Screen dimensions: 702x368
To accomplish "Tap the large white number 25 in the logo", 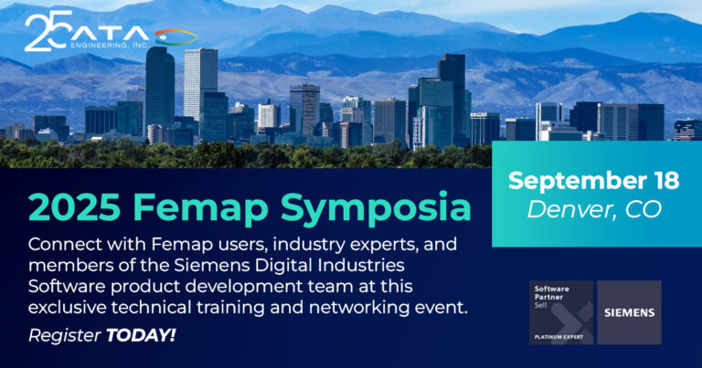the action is point(48,30).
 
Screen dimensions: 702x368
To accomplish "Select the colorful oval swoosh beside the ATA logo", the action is point(176,37).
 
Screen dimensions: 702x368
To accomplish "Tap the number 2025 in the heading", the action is point(74,207).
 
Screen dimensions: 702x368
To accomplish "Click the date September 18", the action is point(593,181).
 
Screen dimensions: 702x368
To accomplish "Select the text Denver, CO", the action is point(594,209).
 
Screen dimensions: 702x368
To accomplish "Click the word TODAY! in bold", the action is point(141,335).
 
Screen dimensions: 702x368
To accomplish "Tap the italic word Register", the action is point(65,336).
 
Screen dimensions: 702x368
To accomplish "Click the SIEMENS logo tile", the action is point(629,312).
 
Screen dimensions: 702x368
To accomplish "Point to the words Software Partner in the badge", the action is point(551,293).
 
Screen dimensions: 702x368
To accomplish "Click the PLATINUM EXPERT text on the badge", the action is point(558,337).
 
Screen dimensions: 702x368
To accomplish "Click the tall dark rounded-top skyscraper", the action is point(160,89).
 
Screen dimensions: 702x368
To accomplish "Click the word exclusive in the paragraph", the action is point(67,308).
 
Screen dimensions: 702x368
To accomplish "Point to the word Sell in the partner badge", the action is point(540,305).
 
